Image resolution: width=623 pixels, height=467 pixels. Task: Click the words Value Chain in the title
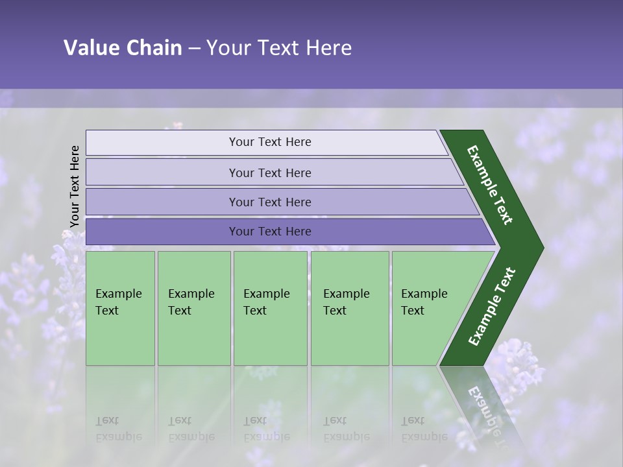coord(123,48)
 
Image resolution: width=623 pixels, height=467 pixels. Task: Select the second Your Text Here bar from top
coord(270,173)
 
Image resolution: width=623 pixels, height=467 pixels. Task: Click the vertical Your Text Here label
coord(75,186)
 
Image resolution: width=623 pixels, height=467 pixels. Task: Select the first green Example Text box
coord(120,308)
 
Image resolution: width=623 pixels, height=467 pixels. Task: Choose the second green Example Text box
coord(193,308)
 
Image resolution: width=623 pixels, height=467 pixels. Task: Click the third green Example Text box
coord(270,308)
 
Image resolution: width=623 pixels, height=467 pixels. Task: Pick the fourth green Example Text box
coord(349,308)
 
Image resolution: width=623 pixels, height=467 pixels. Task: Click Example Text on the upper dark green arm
coord(490,185)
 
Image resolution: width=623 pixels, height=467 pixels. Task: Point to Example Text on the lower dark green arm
coord(491,306)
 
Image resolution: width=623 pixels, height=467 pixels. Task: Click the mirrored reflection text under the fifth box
coord(424,429)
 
